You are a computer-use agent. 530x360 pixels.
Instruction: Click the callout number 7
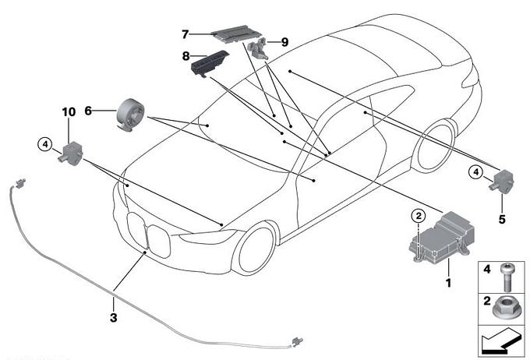pyautogui.click(x=185, y=34)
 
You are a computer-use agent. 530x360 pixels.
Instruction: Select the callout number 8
pyautogui.click(x=185, y=56)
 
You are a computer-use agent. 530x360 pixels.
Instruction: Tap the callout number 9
pyautogui.click(x=285, y=42)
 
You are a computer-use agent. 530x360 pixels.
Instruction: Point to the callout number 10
pyautogui.click(x=69, y=112)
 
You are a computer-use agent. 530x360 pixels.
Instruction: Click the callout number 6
pyautogui.click(x=88, y=111)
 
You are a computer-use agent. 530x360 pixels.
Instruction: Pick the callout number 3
pyautogui.click(x=114, y=317)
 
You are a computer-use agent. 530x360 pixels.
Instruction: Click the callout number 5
pyautogui.click(x=502, y=220)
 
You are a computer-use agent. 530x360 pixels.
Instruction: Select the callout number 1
pyautogui.click(x=448, y=282)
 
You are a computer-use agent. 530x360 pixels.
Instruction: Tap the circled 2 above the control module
pyautogui.click(x=419, y=215)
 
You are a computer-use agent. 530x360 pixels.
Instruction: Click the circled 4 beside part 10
pyautogui.click(x=45, y=145)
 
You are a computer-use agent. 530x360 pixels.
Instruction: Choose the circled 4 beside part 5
pyautogui.click(x=475, y=172)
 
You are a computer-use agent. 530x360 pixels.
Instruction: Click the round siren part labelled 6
pyautogui.click(x=130, y=114)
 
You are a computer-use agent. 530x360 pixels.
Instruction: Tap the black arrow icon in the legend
pyautogui.click(x=500, y=343)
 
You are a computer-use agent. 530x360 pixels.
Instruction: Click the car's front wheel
pyautogui.click(x=256, y=248)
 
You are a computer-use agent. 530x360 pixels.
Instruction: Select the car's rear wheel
pyautogui.click(x=433, y=146)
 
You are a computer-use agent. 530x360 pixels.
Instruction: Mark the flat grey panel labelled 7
pyautogui.click(x=237, y=34)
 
